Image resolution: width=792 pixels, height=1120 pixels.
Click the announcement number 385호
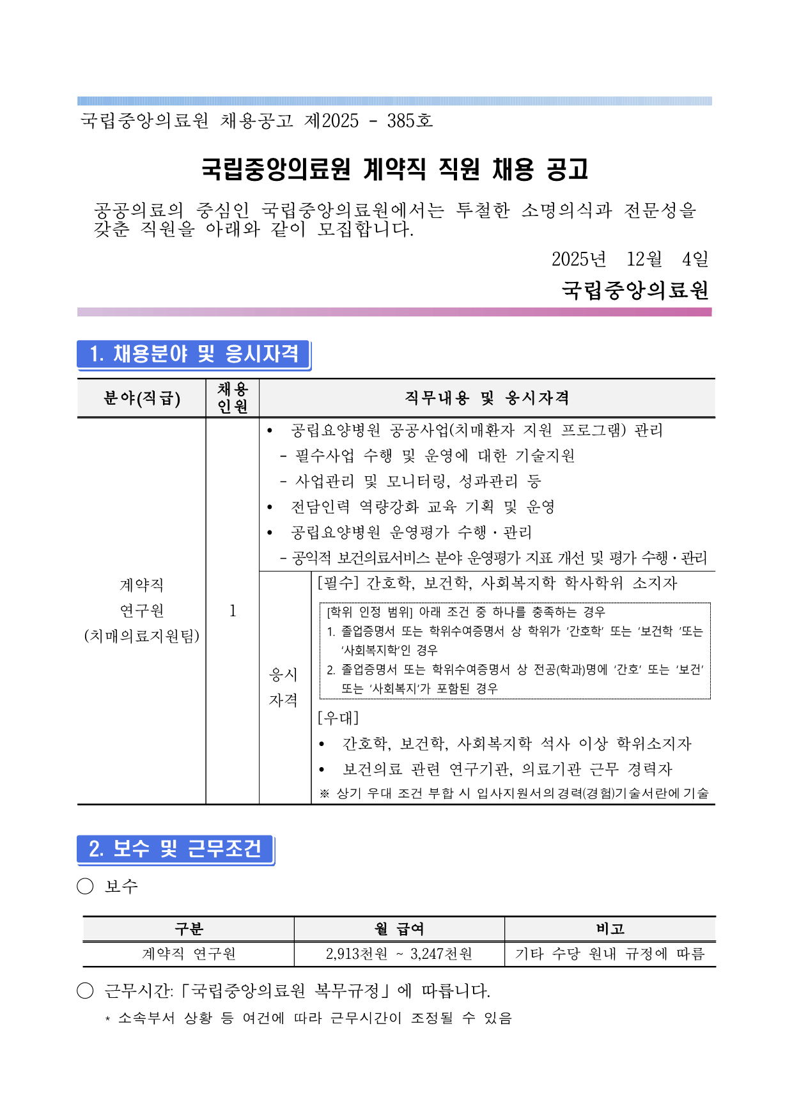[410, 120]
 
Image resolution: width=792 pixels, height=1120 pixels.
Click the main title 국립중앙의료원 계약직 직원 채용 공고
[394, 169]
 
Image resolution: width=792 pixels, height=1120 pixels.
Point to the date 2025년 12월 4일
[629, 259]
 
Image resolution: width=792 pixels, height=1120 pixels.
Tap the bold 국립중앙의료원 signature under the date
[635, 290]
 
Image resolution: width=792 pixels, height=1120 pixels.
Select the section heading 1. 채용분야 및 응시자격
[194, 354]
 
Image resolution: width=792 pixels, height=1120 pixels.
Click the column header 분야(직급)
[142, 398]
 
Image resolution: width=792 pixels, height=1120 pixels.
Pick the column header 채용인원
[233, 398]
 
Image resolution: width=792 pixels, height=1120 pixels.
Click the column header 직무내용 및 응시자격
[486, 398]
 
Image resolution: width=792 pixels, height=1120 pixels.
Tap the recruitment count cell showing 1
[233, 611]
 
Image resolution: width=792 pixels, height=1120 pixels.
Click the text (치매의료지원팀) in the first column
[142, 636]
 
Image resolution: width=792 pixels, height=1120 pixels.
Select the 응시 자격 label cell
[283, 687]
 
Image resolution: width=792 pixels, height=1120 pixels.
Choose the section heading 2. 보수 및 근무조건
[175, 849]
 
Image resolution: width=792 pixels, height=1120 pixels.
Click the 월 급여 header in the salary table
[400, 929]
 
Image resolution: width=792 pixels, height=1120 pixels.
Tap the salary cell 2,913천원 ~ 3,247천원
[399, 954]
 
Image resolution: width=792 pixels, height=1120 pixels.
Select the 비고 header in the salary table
[610, 929]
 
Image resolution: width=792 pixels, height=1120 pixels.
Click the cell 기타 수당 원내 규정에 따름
[610, 954]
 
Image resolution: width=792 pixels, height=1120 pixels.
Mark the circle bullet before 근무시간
[85, 991]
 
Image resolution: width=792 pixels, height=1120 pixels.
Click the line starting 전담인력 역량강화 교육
[422, 507]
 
